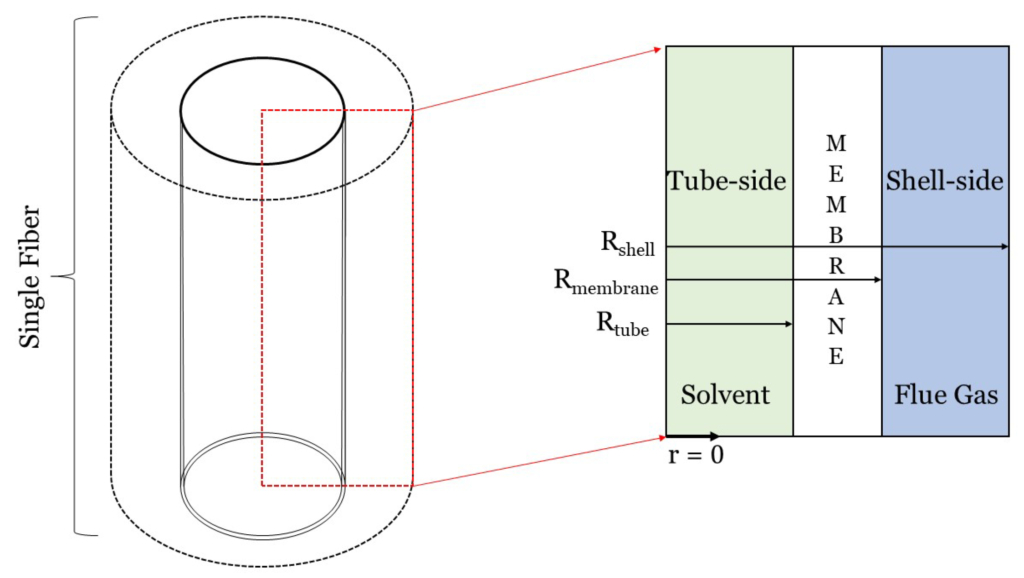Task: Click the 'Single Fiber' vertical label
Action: (x=30, y=276)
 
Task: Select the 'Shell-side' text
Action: (x=944, y=180)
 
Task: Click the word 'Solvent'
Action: (x=725, y=394)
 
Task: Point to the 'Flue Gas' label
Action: (x=946, y=394)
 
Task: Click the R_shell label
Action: (x=627, y=243)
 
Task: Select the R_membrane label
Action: (x=605, y=282)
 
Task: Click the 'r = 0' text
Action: (x=696, y=455)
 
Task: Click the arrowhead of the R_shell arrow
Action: (x=1005, y=247)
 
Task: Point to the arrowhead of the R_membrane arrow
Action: (x=878, y=279)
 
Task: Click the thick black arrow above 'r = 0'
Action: (x=692, y=436)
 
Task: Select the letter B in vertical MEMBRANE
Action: (x=836, y=235)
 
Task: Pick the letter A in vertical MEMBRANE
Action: (x=836, y=297)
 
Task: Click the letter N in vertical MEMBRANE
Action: (x=836, y=326)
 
